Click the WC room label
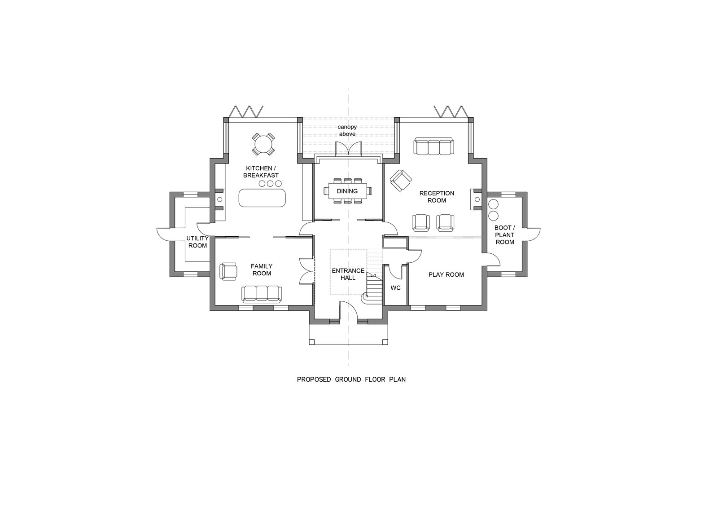(x=395, y=288)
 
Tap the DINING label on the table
(x=347, y=191)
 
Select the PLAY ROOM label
(x=446, y=275)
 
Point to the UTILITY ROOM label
(x=197, y=242)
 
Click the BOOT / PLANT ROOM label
(x=505, y=235)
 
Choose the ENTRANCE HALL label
(x=348, y=274)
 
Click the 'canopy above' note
(x=347, y=131)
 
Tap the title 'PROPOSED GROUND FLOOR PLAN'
(x=351, y=380)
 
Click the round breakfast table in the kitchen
(x=263, y=145)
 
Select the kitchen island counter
(x=262, y=198)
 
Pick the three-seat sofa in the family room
(x=262, y=294)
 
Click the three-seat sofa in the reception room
(x=433, y=146)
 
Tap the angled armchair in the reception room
(x=401, y=181)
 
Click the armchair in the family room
(x=228, y=271)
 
